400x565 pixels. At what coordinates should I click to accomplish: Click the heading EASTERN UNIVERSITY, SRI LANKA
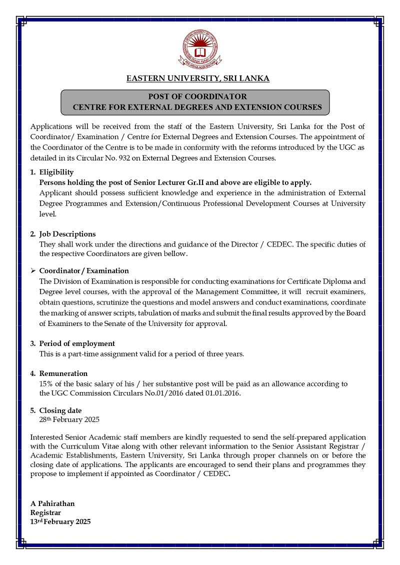point(198,78)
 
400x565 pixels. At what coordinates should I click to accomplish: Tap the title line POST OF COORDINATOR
point(197,96)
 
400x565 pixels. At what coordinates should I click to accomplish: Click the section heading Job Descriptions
point(67,234)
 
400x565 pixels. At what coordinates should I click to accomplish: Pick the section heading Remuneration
point(63,373)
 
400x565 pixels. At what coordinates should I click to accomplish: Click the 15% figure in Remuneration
point(45,383)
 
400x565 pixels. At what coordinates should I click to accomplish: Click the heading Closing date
point(60,410)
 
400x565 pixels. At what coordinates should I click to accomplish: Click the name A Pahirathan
point(52,503)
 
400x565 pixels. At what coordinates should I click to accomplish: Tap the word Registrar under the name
point(45,512)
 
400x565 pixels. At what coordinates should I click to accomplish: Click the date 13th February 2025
point(60,521)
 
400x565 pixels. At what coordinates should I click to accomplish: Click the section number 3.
point(32,343)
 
